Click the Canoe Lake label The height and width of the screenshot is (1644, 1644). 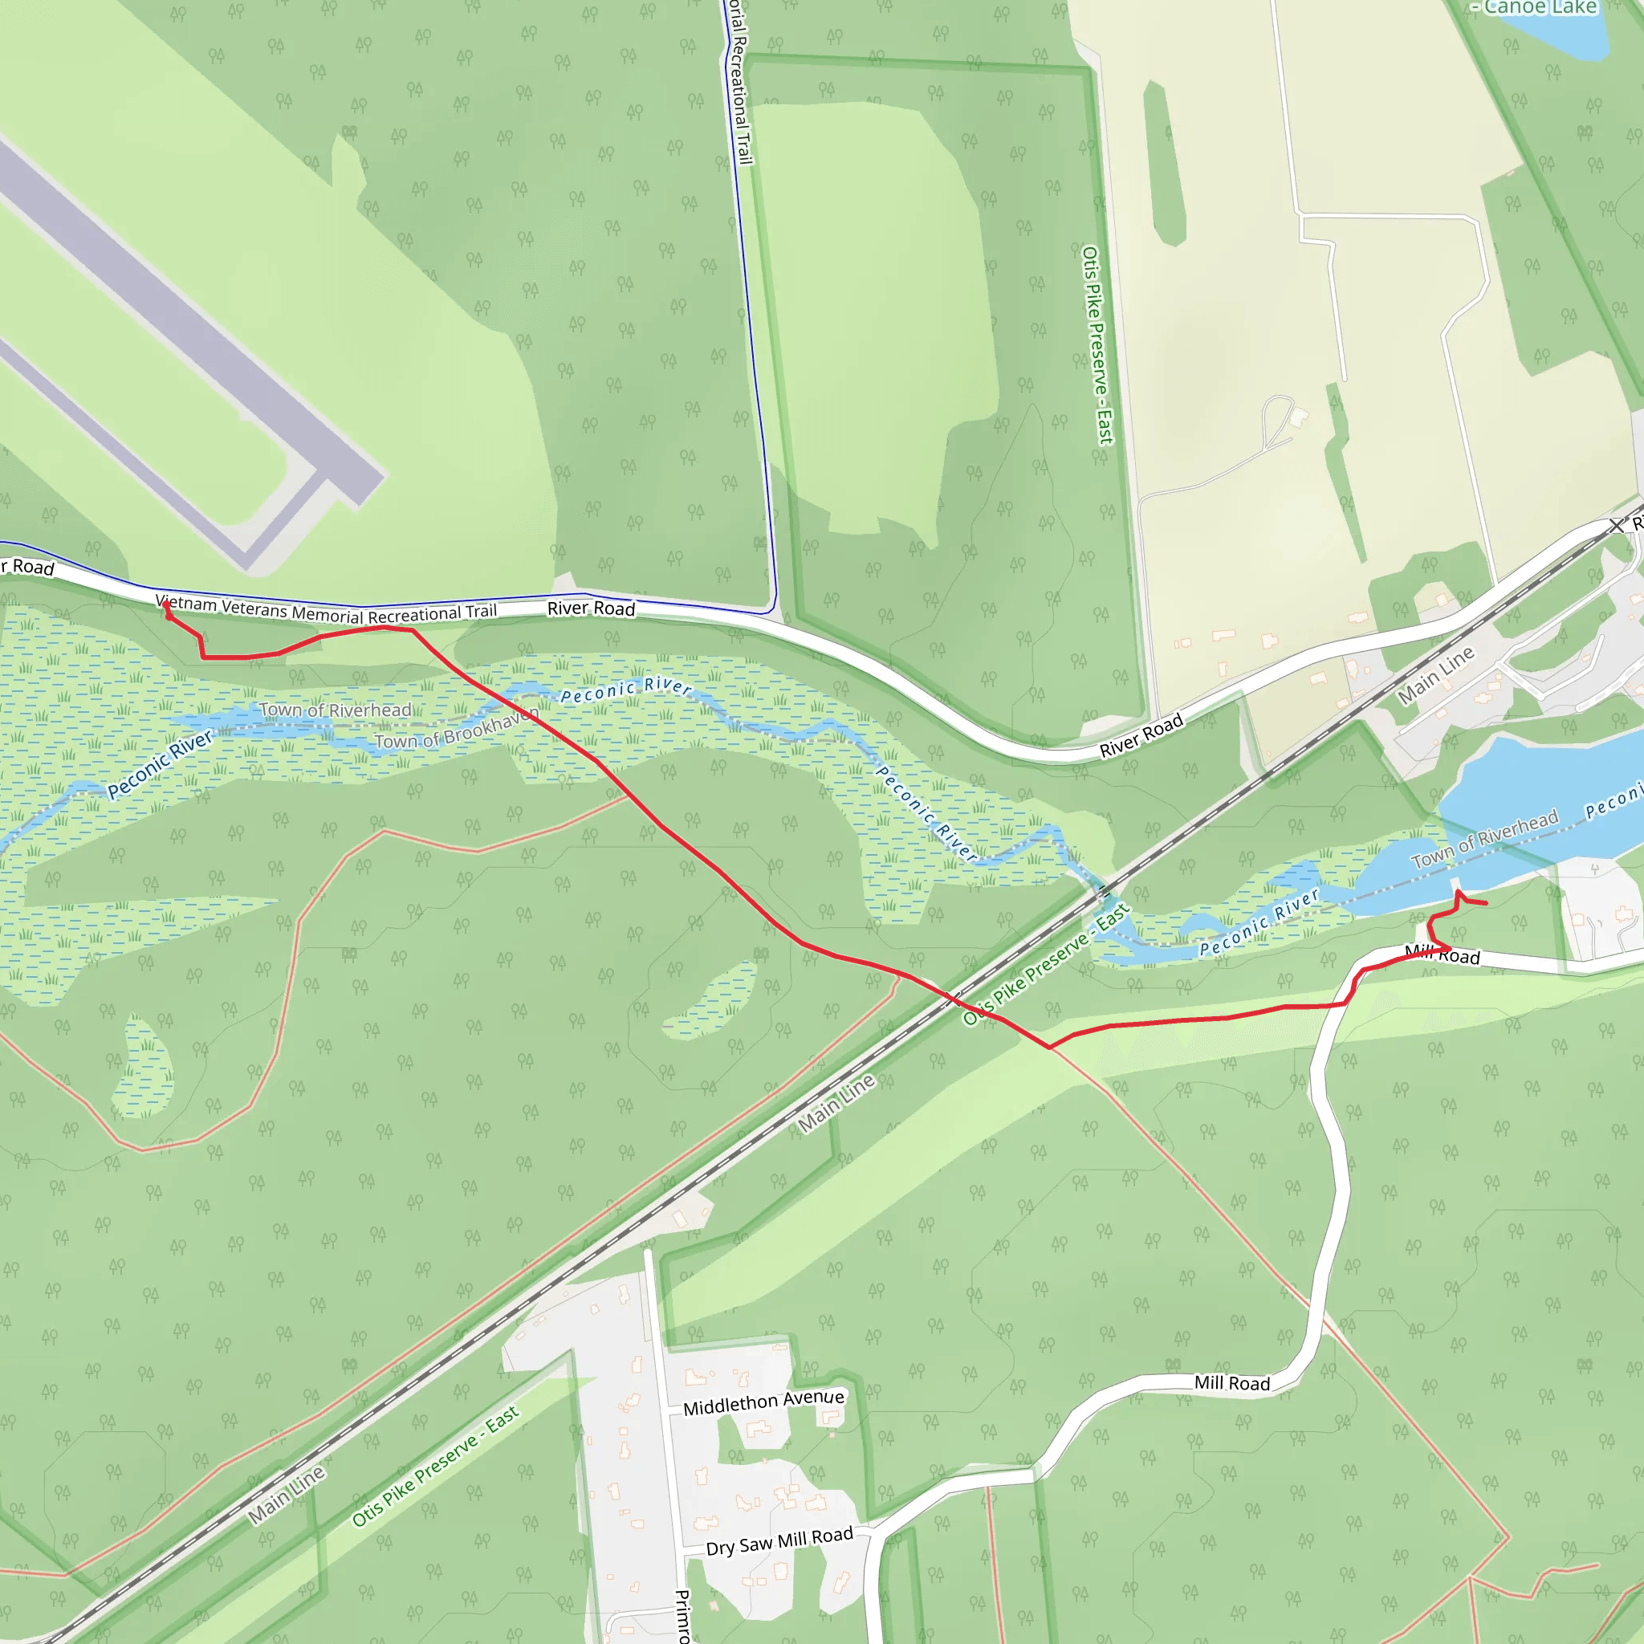[x=1540, y=8]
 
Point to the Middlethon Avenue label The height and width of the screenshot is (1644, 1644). [x=763, y=1402]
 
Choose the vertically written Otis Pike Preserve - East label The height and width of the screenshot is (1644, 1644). [x=1097, y=344]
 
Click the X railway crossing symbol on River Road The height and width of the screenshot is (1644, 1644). [x=1616, y=526]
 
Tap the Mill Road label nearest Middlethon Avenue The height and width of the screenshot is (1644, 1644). [x=1231, y=1383]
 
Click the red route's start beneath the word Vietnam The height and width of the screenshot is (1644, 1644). [x=166, y=606]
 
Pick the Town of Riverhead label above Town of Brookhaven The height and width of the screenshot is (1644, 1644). [x=336, y=710]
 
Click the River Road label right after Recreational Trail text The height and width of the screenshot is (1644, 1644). [x=591, y=608]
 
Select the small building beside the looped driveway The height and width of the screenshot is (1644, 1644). [x=1299, y=417]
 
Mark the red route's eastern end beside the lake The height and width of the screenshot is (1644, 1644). [x=1486, y=903]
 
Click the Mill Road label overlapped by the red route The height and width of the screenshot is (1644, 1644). [x=1443, y=954]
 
